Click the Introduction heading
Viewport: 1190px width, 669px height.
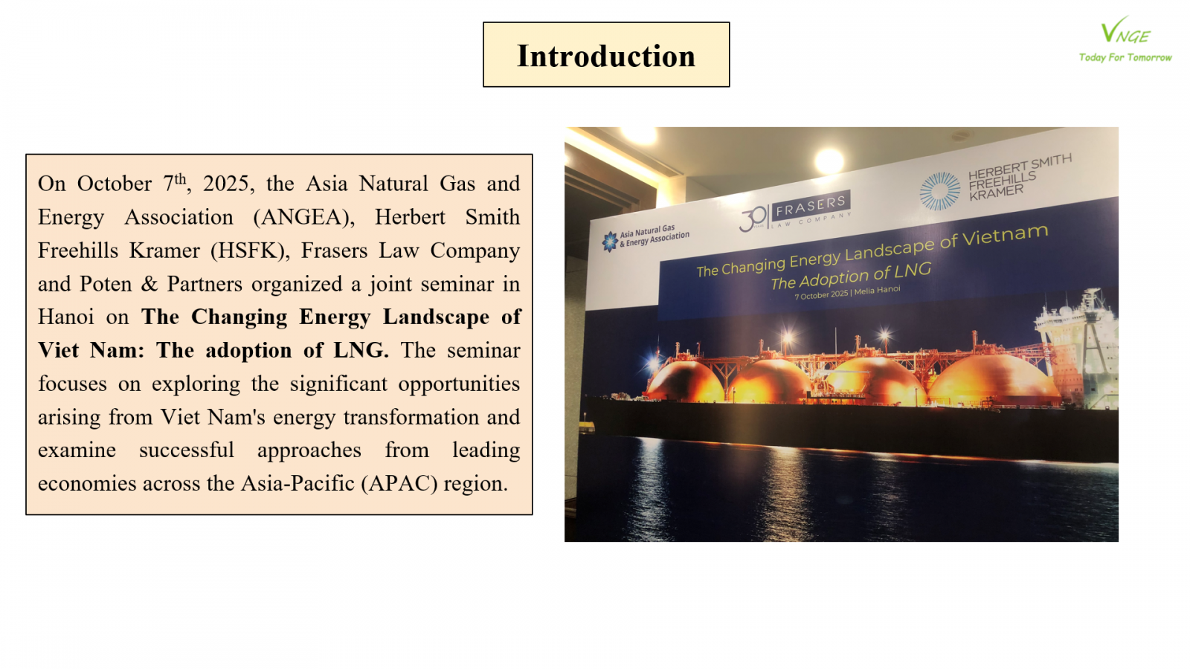click(606, 56)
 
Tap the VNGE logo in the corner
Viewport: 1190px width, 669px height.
click(1126, 30)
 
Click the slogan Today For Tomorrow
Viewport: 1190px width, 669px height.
click(1125, 57)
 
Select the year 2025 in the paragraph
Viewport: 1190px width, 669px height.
click(226, 184)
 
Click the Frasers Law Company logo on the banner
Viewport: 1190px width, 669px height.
click(795, 211)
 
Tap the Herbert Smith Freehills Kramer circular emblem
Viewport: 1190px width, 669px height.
click(940, 190)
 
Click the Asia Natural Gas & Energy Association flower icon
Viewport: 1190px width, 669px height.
click(610, 242)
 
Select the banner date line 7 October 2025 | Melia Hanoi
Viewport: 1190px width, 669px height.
click(847, 292)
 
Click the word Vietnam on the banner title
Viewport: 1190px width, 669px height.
click(1005, 236)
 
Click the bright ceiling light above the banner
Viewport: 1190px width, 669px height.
click(829, 161)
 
